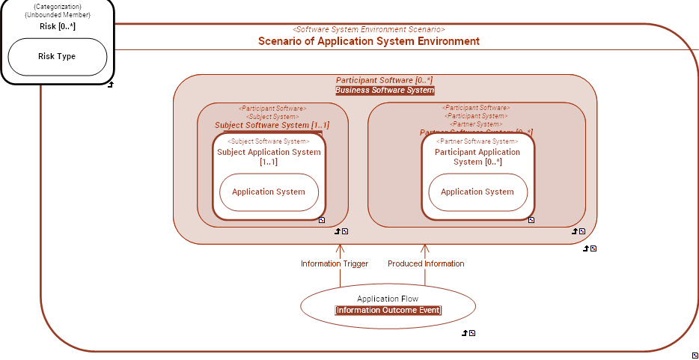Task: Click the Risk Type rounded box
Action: [57, 57]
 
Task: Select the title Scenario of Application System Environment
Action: [368, 41]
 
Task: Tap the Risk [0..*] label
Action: [57, 27]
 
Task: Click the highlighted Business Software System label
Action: [385, 91]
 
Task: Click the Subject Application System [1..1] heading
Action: [269, 156]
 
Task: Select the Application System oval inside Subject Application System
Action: [269, 192]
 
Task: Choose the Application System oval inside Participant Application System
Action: [477, 192]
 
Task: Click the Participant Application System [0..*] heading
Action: [477, 156]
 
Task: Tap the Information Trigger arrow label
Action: [335, 263]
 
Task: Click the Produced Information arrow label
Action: [426, 263]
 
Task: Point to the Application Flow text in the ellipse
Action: [388, 299]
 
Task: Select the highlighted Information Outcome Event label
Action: [388, 310]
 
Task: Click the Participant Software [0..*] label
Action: [384, 80]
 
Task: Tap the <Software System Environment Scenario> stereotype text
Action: [368, 29]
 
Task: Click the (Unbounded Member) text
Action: [57, 15]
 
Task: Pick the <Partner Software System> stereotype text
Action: [477, 141]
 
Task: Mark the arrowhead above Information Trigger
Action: [340, 248]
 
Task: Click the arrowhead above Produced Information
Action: [425, 248]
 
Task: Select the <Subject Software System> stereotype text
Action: [269, 141]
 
